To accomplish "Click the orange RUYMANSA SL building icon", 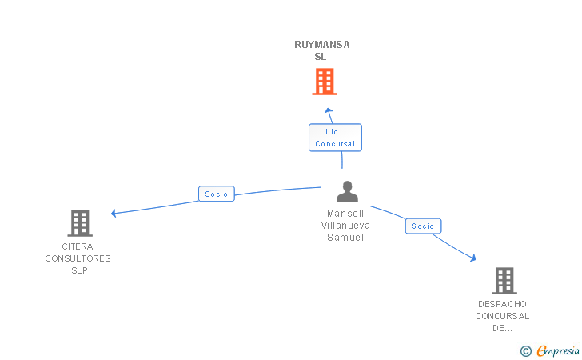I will click(324, 82).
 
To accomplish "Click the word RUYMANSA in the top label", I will click(322, 45).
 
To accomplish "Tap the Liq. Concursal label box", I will click(335, 138).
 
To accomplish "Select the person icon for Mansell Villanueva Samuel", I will click(347, 192).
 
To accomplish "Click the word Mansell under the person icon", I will click(345, 214).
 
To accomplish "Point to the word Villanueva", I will click(345, 226).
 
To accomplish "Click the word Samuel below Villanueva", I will click(345, 238).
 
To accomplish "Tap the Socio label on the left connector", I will click(216, 194).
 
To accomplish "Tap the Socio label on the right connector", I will click(422, 226).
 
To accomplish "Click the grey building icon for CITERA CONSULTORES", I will click(79, 223).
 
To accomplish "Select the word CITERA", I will click(78, 246).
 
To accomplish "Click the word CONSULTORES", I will click(78, 258).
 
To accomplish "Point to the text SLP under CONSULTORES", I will click(78, 270).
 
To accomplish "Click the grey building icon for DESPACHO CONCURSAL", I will click(504, 281).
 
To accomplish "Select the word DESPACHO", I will click(503, 304).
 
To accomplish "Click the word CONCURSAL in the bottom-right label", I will click(503, 316).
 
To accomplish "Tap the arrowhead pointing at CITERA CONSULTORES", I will click(114, 213).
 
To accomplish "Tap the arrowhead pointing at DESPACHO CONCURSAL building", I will click(472, 258).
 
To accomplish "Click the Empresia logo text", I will click(558, 350).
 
